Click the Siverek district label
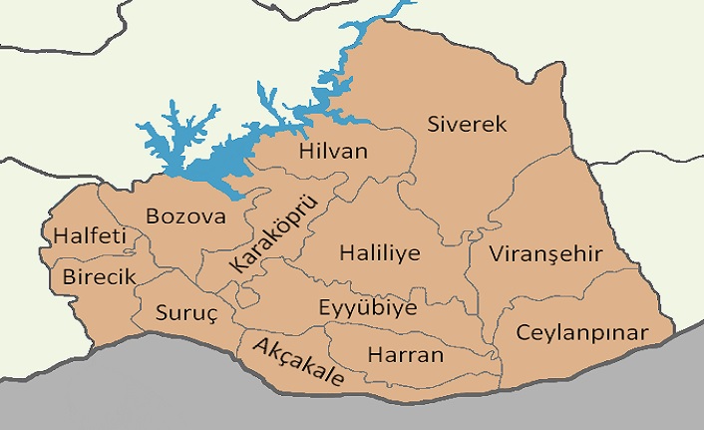[468, 125]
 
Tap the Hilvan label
[333, 152]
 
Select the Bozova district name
[186, 215]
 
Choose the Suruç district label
[185, 312]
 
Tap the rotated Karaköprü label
[271, 235]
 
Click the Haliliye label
[379, 252]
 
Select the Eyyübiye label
[367, 307]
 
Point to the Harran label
[406, 354]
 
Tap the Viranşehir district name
[546, 254]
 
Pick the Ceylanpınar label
[581, 332]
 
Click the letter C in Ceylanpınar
[523, 332]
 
